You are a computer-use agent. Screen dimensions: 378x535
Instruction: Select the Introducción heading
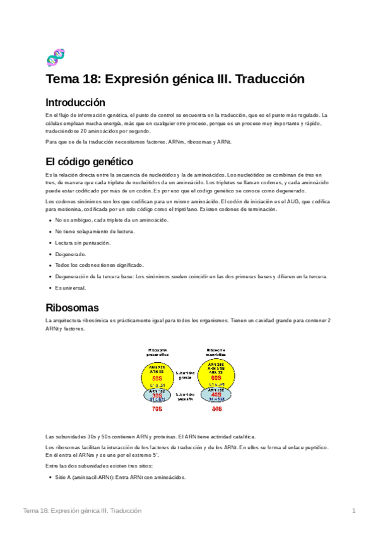click(75, 102)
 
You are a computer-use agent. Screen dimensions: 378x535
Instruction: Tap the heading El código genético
click(89, 161)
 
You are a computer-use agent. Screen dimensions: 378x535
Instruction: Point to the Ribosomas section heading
click(72, 308)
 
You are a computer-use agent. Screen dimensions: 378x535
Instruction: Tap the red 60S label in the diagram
click(216, 378)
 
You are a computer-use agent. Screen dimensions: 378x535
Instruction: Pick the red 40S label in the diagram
click(216, 396)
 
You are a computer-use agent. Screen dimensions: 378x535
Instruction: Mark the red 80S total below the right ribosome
click(216, 409)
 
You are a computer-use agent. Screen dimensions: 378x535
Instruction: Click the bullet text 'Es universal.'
click(70, 288)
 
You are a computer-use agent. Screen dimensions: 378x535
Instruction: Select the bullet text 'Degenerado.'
click(70, 254)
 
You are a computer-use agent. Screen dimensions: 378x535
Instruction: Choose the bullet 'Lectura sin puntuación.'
click(83, 242)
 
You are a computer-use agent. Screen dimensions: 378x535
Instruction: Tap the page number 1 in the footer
click(354, 510)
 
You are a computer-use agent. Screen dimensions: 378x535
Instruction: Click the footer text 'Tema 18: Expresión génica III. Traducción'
click(82, 510)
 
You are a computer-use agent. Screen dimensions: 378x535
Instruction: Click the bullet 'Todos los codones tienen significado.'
click(99, 265)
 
